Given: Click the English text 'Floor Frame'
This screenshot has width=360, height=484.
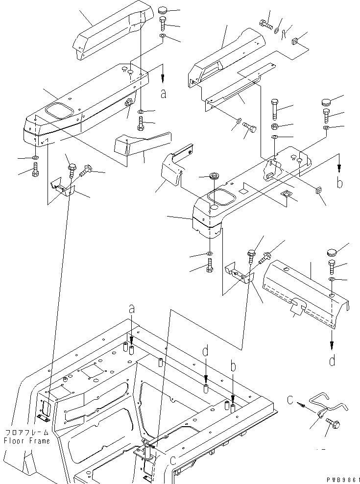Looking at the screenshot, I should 26,441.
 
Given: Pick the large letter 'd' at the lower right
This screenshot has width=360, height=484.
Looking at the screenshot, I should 333,362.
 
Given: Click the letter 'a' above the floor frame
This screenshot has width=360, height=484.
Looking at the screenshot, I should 131,309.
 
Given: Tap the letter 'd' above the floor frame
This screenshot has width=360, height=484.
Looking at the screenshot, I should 206,351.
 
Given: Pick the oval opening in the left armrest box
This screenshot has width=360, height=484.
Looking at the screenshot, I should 56,110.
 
